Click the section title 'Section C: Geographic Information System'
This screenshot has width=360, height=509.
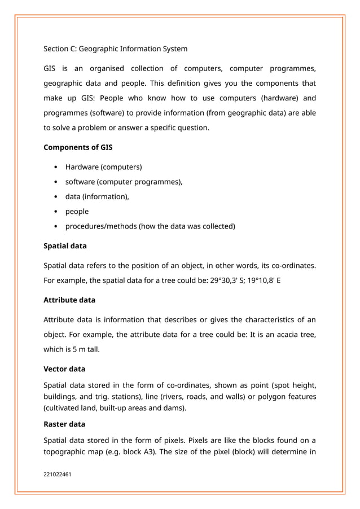(115, 49)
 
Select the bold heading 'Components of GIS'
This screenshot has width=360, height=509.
(78, 148)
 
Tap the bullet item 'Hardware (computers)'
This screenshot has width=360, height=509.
(103, 167)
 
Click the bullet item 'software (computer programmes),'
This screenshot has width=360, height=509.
(124, 182)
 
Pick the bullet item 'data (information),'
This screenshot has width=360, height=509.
(97, 196)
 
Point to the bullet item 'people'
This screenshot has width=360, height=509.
(77, 212)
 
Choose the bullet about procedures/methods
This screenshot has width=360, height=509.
(150, 226)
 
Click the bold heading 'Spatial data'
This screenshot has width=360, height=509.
(65, 246)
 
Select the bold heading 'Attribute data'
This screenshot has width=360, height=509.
(69, 300)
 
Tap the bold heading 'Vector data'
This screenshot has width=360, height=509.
(64, 369)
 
